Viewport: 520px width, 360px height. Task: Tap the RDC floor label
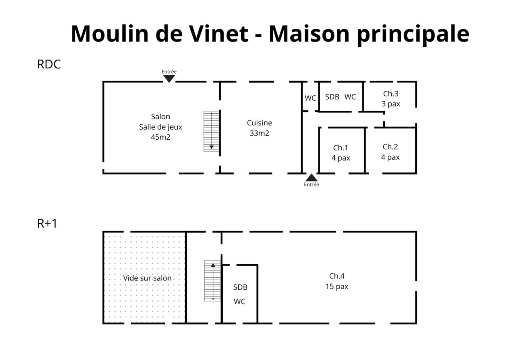pos(49,64)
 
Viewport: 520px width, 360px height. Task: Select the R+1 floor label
pos(47,223)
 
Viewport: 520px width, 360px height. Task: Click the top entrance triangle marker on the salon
pos(169,78)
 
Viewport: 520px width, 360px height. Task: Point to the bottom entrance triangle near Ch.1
pos(311,178)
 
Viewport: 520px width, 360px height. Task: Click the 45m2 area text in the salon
pos(160,137)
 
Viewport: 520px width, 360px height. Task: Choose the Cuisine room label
pos(259,123)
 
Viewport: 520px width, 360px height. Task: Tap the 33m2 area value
pos(259,133)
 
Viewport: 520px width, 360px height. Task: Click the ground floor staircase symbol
pos(212,131)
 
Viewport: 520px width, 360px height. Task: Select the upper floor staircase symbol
pos(213,281)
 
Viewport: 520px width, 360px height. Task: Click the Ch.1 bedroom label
pos(340,148)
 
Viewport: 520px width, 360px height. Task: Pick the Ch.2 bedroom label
pos(390,147)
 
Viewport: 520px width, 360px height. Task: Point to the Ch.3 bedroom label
pos(391,94)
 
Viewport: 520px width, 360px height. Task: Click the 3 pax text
pos(391,104)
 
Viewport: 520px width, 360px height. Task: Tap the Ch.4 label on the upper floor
pos(337,276)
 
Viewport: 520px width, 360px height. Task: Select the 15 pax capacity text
pos(337,286)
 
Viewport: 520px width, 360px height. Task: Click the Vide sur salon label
pos(147,278)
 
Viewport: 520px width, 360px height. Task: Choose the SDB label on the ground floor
pos(332,97)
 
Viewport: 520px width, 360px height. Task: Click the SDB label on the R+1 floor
pos(240,287)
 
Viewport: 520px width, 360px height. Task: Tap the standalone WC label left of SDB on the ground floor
pos(310,98)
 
